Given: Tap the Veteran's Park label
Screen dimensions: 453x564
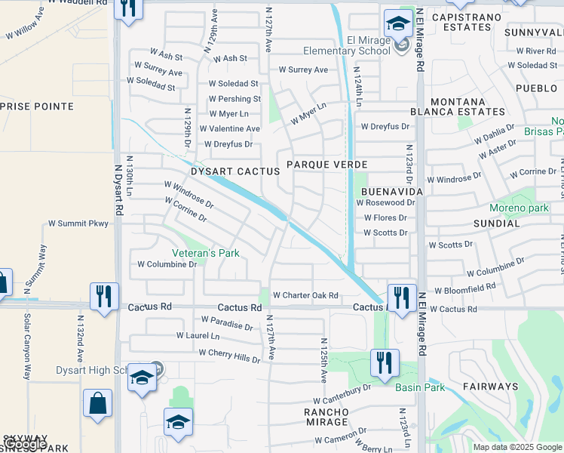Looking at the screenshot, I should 206,253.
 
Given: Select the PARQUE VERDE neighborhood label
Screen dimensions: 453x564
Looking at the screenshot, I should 326,164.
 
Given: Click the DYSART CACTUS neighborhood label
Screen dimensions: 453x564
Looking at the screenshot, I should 235,171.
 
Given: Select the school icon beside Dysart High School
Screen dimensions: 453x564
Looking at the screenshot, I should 141,377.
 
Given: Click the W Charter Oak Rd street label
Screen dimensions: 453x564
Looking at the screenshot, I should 305,295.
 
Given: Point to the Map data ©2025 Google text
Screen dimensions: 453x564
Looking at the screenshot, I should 517,447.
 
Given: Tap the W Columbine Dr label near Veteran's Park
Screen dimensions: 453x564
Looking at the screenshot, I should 167,264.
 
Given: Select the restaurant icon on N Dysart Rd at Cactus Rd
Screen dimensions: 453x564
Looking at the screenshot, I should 102,296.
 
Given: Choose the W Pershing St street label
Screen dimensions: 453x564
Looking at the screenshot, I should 235,99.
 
